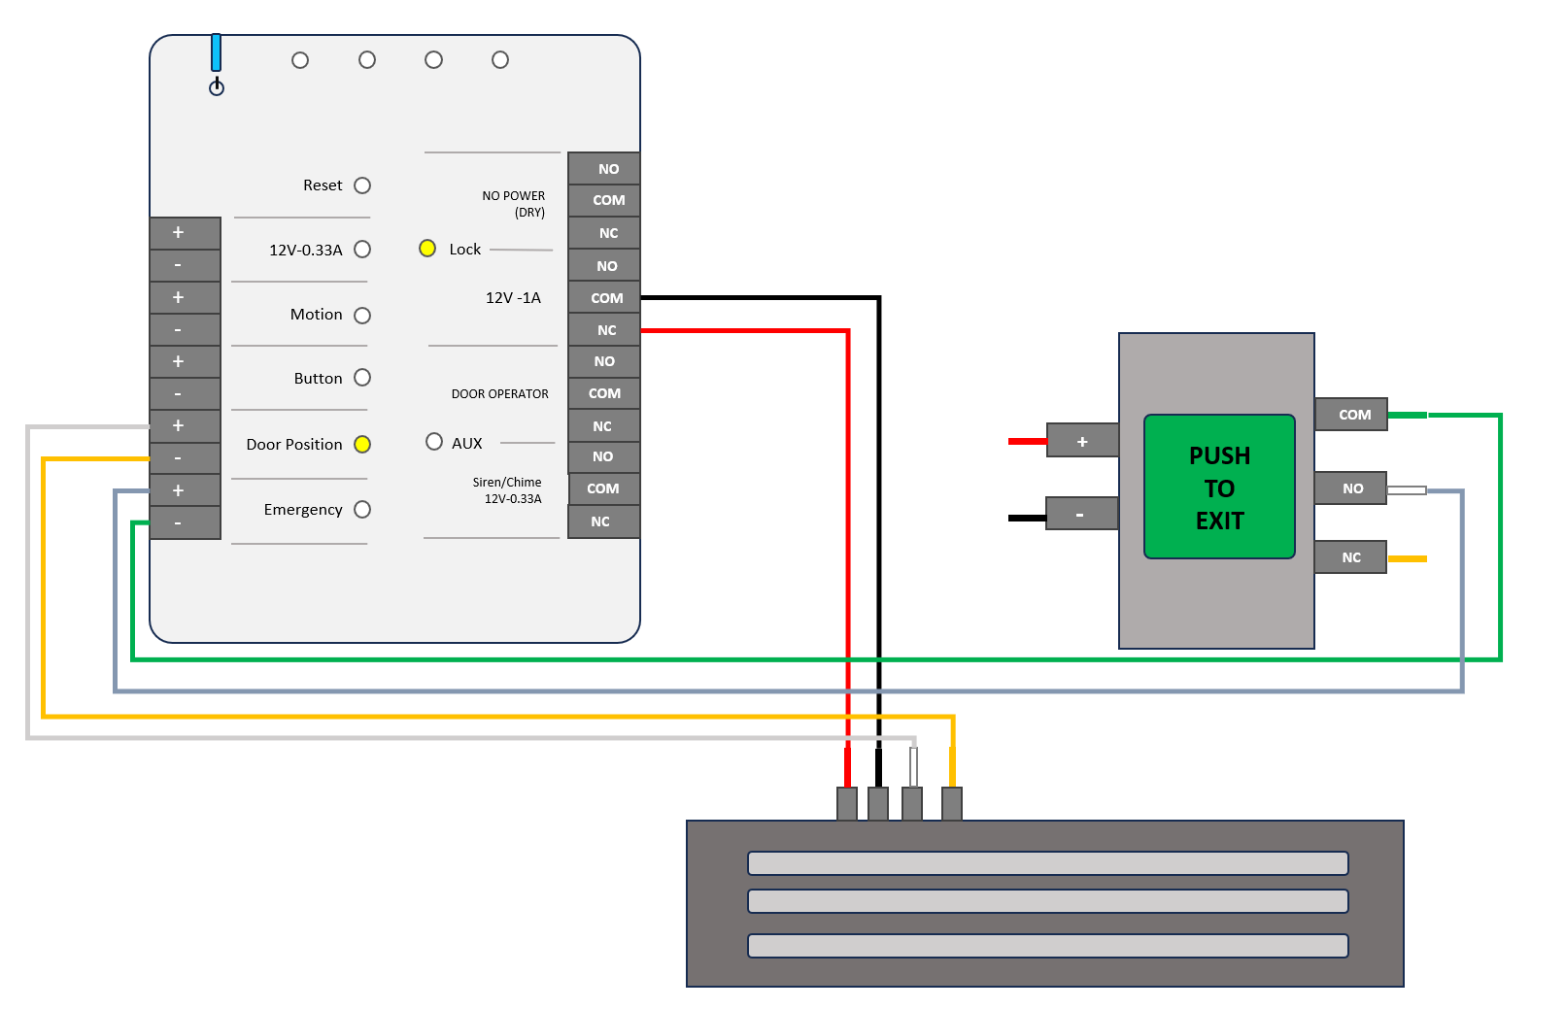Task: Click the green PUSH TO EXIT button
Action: click(x=1219, y=487)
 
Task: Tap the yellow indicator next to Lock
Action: click(x=426, y=248)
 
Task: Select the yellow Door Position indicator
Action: click(x=362, y=444)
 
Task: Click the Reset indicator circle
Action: click(x=362, y=185)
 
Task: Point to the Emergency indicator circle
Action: click(x=362, y=509)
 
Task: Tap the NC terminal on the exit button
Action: click(x=1350, y=557)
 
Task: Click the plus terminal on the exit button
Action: click(x=1082, y=441)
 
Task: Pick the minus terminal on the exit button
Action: click(x=1081, y=514)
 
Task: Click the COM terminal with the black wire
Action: click(x=604, y=297)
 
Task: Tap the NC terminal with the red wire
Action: click(x=604, y=329)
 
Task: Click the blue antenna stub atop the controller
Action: click(x=217, y=52)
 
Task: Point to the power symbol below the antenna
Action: click(x=217, y=87)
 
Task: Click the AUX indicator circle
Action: click(x=434, y=441)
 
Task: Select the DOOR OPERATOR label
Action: click(x=499, y=394)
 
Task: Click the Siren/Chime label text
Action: click(x=506, y=482)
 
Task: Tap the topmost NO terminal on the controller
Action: click(x=604, y=168)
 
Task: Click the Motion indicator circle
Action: click(x=362, y=315)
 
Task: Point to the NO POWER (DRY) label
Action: click(x=514, y=204)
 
